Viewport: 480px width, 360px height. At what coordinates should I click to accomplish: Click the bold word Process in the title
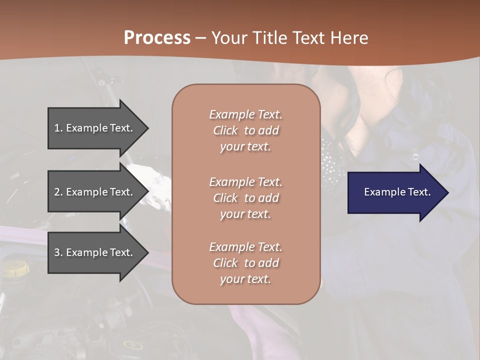[x=157, y=38]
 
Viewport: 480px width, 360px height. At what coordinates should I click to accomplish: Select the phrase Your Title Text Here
[x=289, y=38]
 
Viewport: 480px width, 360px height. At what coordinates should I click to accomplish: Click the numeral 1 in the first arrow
[x=57, y=128]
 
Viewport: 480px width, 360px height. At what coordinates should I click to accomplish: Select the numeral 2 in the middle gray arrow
[x=57, y=192]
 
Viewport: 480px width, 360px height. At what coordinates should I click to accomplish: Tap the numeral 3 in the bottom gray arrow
[x=57, y=252]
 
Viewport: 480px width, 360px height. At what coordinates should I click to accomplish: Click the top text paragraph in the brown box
[x=245, y=130]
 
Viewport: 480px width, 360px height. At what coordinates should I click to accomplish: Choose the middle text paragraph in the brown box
[x=245, y=198]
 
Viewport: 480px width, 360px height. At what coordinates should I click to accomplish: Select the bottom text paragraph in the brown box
[x=245, y=263]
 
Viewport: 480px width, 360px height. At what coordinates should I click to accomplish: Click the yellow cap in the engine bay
[x=15, y=269]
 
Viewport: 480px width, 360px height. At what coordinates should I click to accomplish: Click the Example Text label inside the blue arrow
[x=397, y=192]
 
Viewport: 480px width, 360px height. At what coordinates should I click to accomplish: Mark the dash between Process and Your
[x=200, y=38]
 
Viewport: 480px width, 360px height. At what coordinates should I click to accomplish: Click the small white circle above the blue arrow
[x=415, y=157]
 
